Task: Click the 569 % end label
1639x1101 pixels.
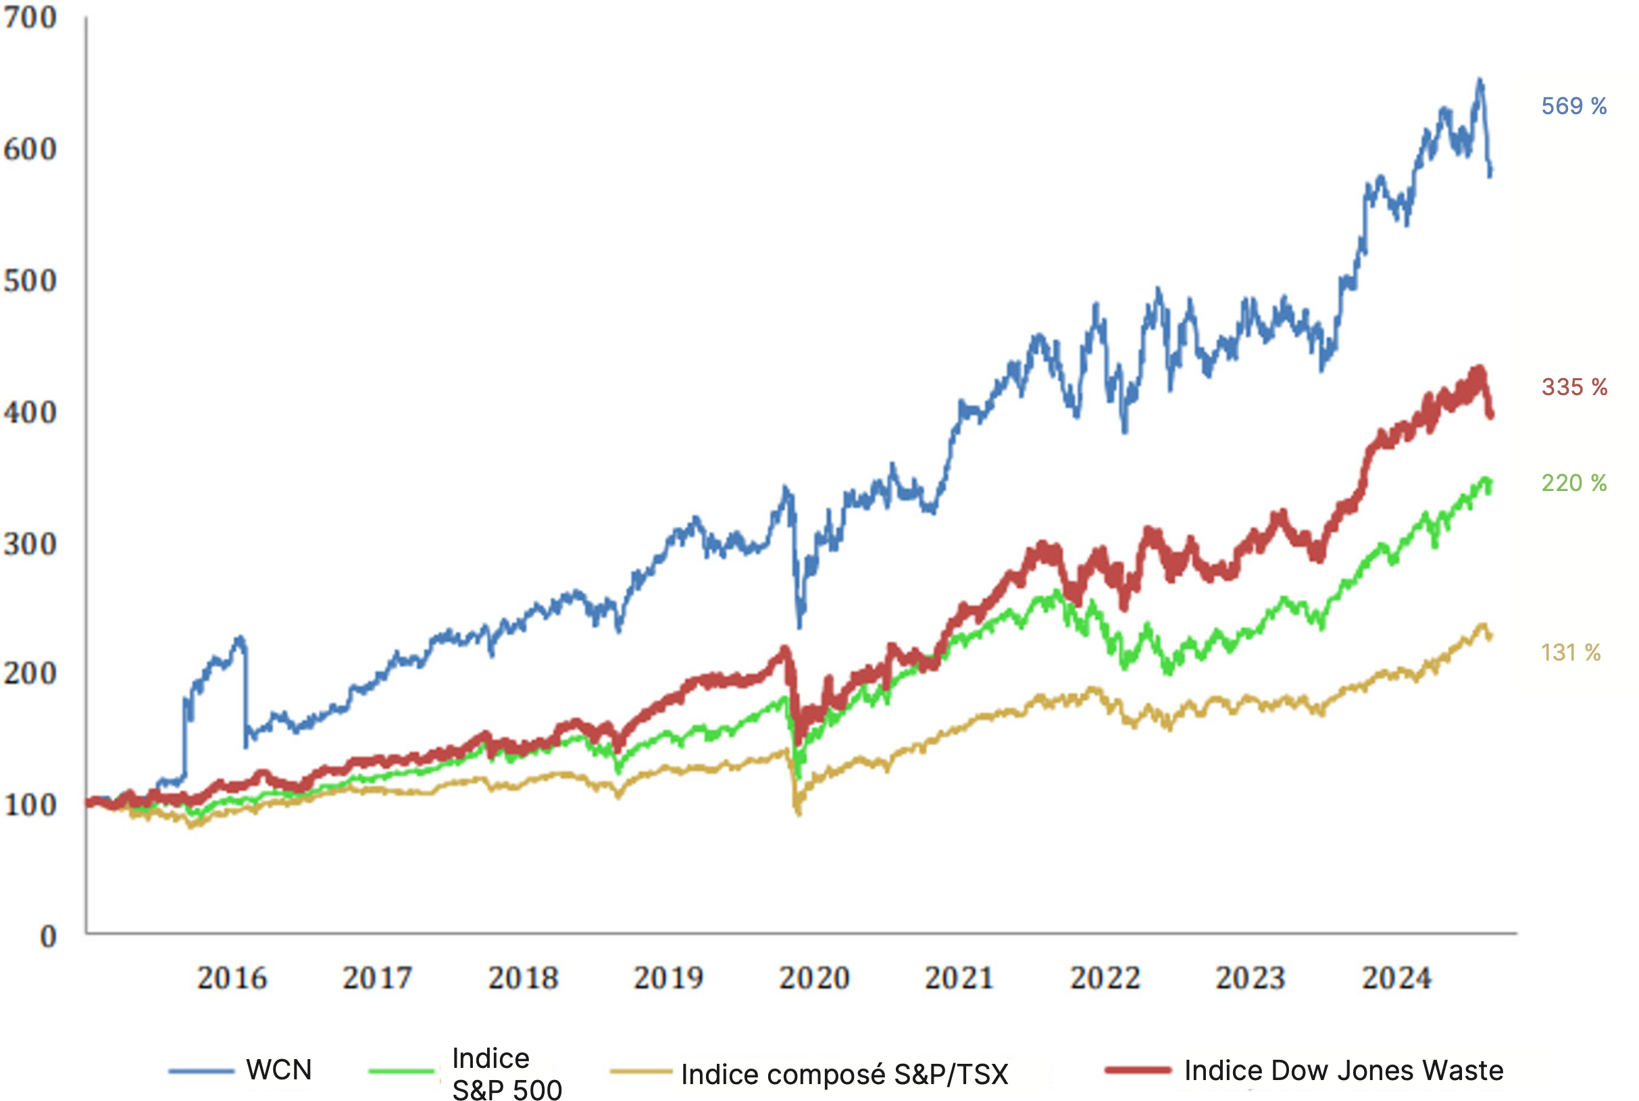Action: coord(1573,106)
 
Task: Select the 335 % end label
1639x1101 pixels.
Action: coord(1573,387)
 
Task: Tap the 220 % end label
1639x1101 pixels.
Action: coord(1573,483)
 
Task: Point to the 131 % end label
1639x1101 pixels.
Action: coord(1570,653)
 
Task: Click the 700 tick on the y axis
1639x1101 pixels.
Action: coord(30,18)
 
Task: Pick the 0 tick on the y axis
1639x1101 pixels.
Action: coord(48,937)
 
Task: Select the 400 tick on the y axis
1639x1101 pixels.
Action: coord(30,412)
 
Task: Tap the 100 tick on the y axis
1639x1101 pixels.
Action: coord(30,805)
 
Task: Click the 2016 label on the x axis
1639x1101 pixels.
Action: coord(232,978)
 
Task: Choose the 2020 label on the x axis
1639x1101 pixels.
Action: coord(814,978)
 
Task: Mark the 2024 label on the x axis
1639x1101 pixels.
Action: coord(1396,978)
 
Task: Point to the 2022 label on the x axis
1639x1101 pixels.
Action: coord(1105,978)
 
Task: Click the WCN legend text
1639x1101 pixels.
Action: coord(279,1070)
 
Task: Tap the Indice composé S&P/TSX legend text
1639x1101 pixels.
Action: coord(844,1074)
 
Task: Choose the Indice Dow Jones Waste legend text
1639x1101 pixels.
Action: coord(1343,1071)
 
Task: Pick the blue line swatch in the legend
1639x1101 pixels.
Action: coord(201,1071)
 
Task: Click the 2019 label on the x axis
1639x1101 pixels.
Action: coord(667,978)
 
